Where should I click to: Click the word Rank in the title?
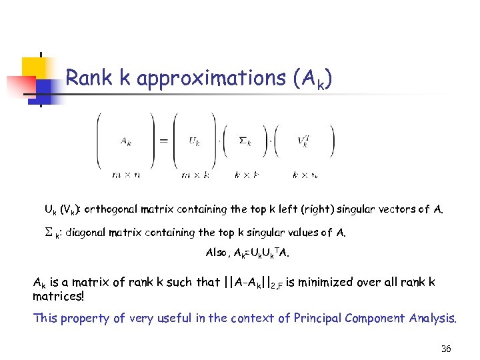point(87,79)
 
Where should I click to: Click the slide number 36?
point(446,349)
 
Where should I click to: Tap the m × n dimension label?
point(125,175)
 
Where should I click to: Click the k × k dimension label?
point(247,175)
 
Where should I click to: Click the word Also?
point(218,253)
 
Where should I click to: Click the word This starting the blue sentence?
point(45,318)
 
